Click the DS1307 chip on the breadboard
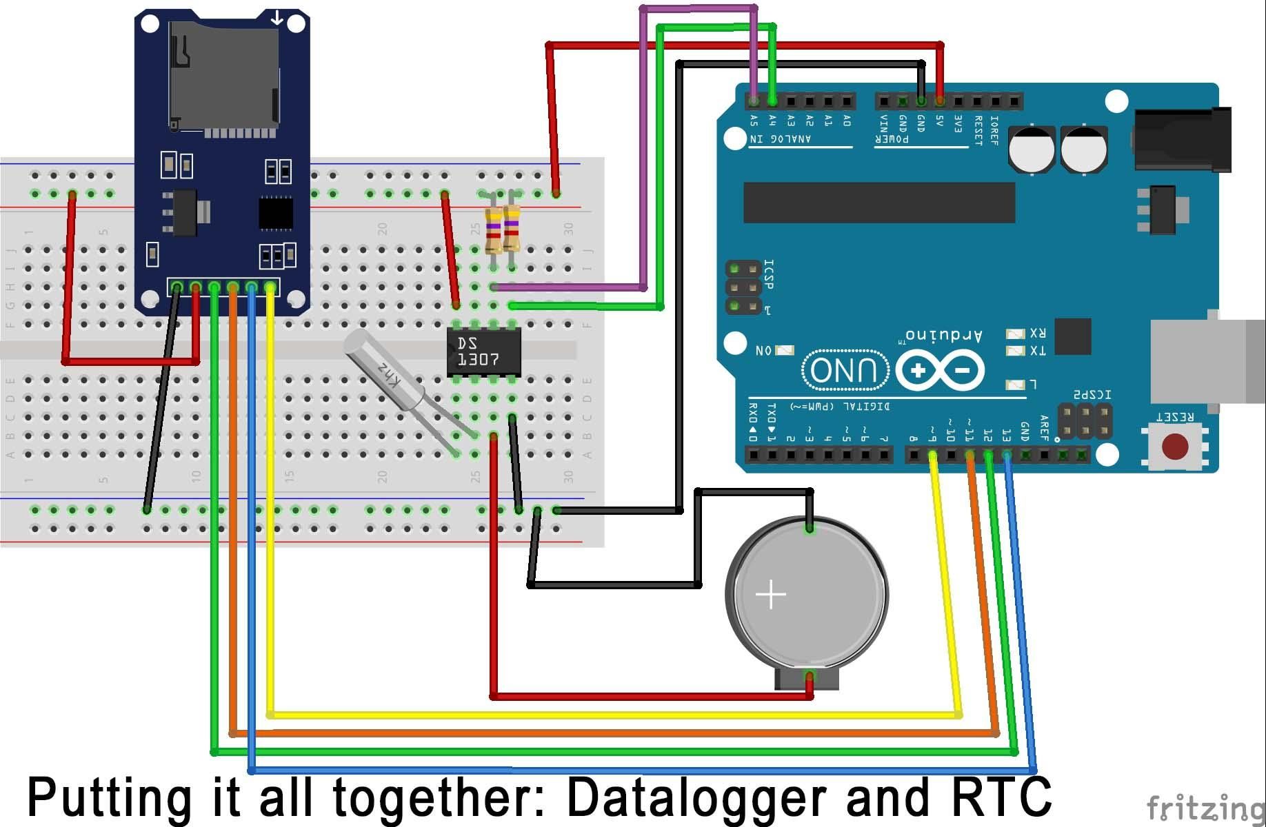coord(483,351)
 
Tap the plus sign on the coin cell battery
coord(770,593)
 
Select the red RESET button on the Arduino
coord(1175,446)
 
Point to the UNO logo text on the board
coord(845,370)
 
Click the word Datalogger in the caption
coord(696,796)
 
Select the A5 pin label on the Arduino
coord(754,121)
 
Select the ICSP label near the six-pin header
coord(770,274)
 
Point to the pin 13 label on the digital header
coord(1006,435)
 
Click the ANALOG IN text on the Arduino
coord(781,139)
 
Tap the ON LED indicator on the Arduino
coord(785,351)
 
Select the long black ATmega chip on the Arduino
coord(879,203)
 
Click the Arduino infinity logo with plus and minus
coord(939,371)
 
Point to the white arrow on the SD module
coord(277,18)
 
